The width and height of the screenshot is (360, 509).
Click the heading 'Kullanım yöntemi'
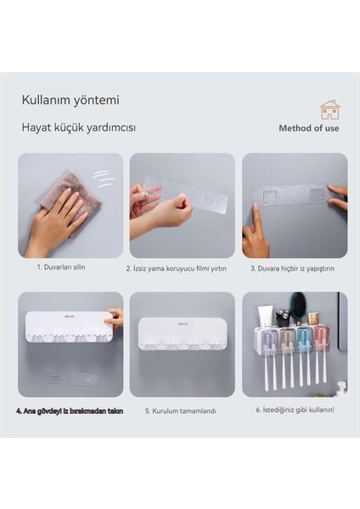pyautogui.click(x=70, y=100)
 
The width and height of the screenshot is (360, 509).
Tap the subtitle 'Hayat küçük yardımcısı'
pyautogui.click(x=79, y=128)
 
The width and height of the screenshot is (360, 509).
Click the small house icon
pyautogui.click(x=329, y=109)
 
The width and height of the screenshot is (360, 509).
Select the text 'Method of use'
pyautogui.click(x=309, y=129)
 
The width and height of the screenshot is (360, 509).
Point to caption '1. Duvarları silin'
pyautogui.click(x=61, y=266)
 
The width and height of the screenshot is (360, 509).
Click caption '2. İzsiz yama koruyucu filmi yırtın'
pyautogui.click(x=182, y=268)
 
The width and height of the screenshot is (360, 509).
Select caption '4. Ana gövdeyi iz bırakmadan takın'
pyautogui.click(x=69, y=410)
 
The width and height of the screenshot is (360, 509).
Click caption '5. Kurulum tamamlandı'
pyautogui.click(x=180, y=411)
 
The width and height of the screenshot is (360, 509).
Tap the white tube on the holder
pyautogui.click(x=266, y=317)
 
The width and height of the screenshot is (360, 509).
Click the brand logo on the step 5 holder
pyautogui.click(x=182, y=323)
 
